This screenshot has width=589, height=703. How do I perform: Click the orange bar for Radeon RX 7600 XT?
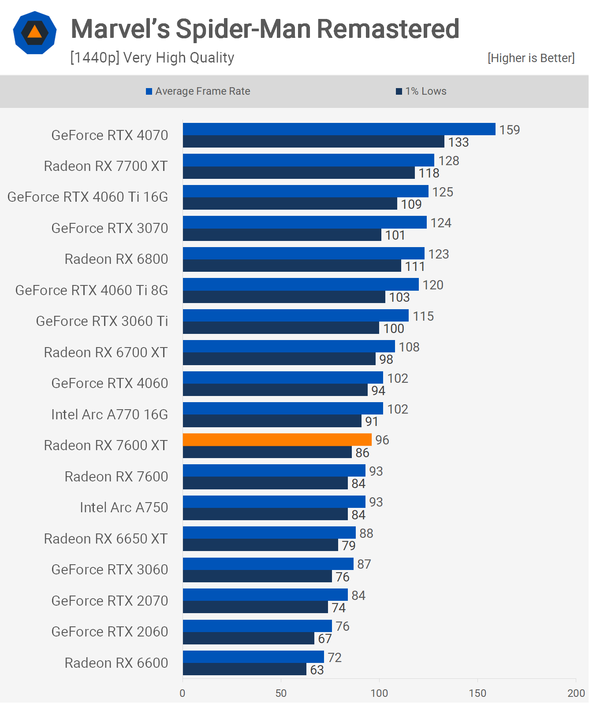(x=277, y=440)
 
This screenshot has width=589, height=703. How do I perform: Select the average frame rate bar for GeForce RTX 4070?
(x=339, y=129)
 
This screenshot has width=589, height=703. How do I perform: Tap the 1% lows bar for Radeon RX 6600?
(x=245, y=670)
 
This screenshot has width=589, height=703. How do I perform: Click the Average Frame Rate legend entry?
(x=198, y=91)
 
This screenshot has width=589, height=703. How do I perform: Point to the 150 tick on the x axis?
(x=477, y=693)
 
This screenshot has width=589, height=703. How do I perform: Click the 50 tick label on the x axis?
(x=281, y=693)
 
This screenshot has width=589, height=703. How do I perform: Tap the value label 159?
(x=509, y=130)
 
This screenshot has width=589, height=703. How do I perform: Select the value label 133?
(x=459, y=142)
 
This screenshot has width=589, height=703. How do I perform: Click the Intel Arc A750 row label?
(x=124, y=507)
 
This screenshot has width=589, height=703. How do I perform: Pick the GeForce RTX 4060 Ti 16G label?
(x=88, y=197)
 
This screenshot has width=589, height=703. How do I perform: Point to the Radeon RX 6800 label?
(x=116, y=259)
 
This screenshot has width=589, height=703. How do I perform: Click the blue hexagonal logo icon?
(x=35, y=33)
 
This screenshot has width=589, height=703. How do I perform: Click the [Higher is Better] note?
(x=531, y=58)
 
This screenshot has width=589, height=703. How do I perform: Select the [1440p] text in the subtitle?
(x=95, y=58)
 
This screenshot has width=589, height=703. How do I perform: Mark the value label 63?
(x=317, y=670)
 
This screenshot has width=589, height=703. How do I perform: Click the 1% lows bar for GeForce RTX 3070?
(x=282, y=235)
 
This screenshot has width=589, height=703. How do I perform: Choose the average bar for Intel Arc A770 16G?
(x=283, y=408)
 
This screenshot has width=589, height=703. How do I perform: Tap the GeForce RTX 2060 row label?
(x=110, y=632)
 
